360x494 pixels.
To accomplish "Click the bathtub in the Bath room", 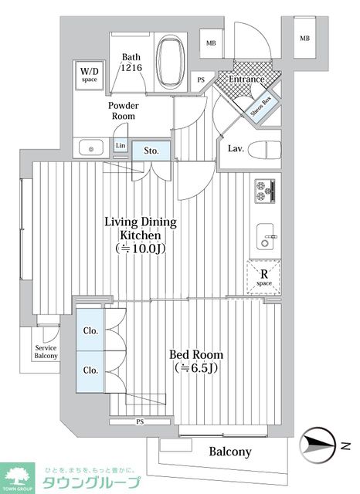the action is click(x=171, y=63).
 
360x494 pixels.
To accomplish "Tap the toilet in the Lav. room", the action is click(x=264, y=149).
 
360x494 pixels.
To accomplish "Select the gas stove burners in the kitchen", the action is click(x=265, y=191).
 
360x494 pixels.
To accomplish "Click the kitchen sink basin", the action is click(x=265, y=236).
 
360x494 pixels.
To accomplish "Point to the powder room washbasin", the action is click(x=91, y=147).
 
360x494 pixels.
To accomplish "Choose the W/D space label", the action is click(x=89, y=75).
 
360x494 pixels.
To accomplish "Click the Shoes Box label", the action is click(x=261, y=106).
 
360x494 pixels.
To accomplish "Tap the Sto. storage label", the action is click(x=151, y=151).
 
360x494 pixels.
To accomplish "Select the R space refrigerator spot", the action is click(x=264, y=277).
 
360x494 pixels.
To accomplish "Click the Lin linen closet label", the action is click(x=121, y=146).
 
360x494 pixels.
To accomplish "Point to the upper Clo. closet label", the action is click(x=90, y=331).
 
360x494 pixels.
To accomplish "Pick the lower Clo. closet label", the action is click(x=90, y=370).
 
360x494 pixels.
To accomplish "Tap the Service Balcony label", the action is click(x=46, y=352).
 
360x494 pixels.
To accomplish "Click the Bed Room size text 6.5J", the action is click(x=196, y=367).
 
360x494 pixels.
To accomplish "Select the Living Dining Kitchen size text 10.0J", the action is click(x=141, y=249).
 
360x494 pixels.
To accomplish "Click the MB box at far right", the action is click(x=305, y=38).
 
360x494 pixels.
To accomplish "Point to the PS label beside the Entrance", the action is click(x=201, y=80).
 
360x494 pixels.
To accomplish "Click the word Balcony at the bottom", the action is click(x=230, y=452).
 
